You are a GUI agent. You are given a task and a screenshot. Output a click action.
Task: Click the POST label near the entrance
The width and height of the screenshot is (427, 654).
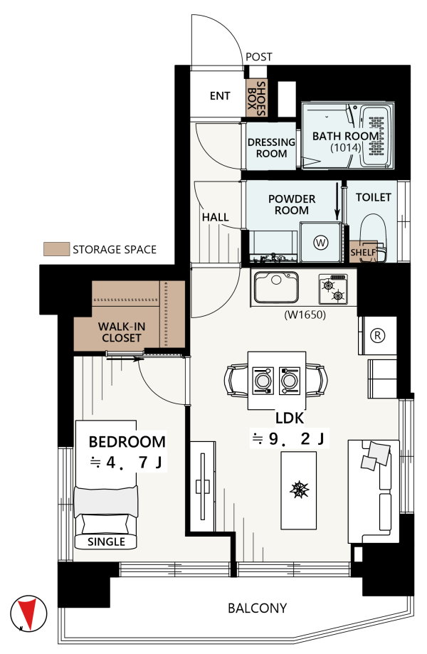(x=258, y=57)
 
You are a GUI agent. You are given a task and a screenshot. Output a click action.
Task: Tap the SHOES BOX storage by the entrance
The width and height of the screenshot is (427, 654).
(x=256, y=98)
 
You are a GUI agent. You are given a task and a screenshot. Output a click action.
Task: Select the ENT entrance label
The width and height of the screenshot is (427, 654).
(x=220, y=96)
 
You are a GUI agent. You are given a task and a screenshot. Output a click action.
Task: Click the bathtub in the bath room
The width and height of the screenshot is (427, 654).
(x=376, y=136)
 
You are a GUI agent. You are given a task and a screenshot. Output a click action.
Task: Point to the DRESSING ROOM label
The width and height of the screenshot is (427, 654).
(x=271, y=147)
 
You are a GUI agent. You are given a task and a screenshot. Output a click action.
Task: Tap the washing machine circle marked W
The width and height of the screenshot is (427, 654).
(x=321, y=243)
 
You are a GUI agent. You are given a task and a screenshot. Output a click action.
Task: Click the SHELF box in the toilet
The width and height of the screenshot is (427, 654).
(x=363, y=252)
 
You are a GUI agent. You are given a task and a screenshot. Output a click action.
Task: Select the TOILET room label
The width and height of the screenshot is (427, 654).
(x=373, y=197)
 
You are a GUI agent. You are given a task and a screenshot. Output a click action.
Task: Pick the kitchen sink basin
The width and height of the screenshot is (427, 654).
(x=276, y=287)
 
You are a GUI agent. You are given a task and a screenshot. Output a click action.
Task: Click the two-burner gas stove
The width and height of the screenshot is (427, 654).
(x=333, y=289)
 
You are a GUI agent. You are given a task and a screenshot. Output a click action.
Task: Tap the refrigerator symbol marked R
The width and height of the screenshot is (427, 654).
(x=378, y=335)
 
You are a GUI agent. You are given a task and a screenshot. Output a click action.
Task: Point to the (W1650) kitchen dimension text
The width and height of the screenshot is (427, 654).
(x=305, y=315)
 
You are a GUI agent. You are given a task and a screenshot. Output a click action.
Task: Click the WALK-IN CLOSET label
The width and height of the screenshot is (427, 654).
(x=122, y=332)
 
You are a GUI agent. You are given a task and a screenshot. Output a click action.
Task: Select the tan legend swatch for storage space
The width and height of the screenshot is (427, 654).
(x=56, y=249)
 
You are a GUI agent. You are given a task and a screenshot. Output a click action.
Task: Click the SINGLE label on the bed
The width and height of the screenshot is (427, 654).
(x=106, y=542)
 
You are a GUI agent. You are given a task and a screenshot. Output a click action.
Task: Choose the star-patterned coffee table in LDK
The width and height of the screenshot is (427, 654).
(x=298, y=490)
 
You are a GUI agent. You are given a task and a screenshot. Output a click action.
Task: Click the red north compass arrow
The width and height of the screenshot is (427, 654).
(x=28, y=613)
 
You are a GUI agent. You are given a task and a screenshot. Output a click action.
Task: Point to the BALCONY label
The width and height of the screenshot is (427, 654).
(x=258, y=608)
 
